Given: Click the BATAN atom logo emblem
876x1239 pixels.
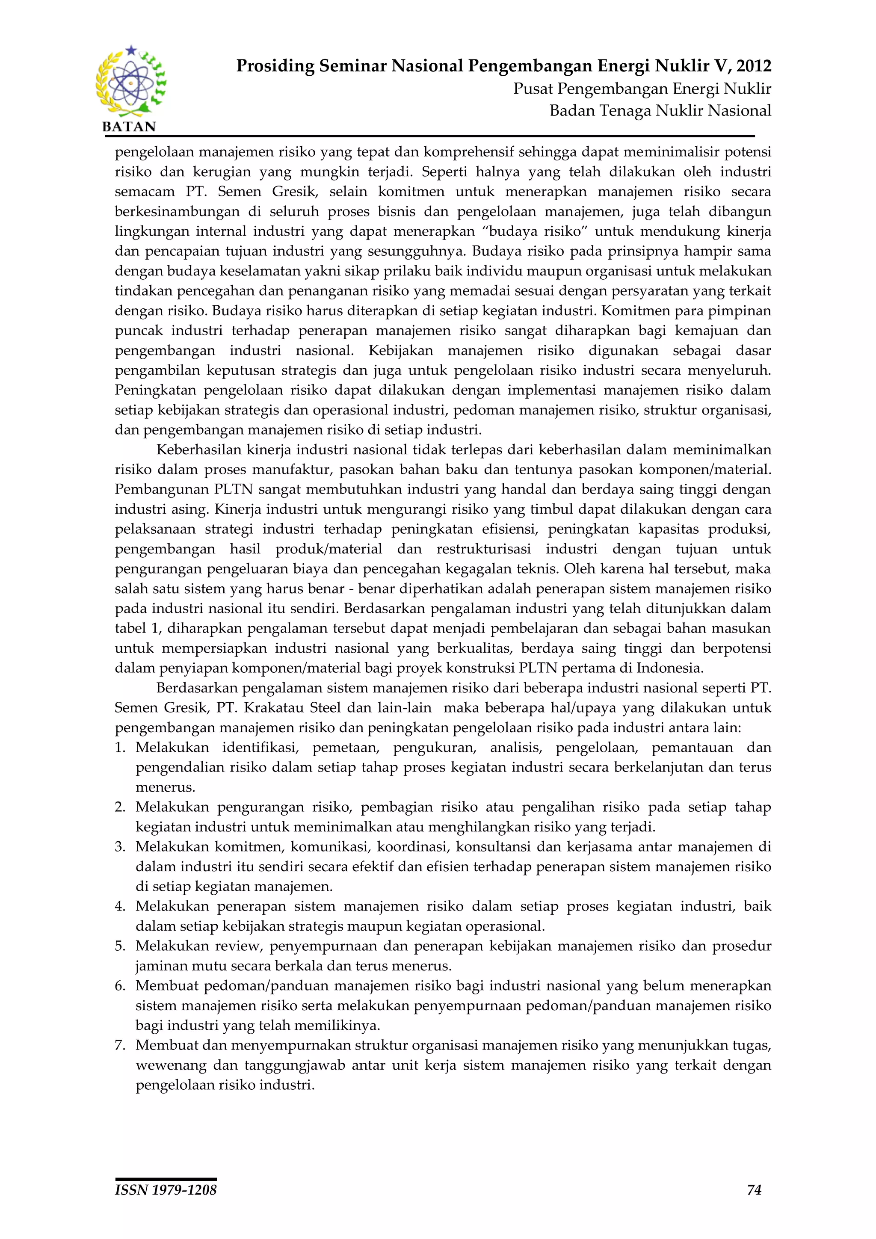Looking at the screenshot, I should pos(130,82).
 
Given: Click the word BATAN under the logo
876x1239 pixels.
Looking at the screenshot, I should pos(129,127).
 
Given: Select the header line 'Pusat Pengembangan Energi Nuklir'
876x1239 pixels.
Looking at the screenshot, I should pos(642,89).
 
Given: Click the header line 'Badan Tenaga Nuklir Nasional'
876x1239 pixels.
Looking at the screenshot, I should pos(660,111).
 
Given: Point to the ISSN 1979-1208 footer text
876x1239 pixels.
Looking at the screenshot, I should pos(166,1190).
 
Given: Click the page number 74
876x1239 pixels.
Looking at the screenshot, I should pos(754,1190).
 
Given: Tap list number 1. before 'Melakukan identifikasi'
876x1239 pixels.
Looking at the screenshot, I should pos(120,748).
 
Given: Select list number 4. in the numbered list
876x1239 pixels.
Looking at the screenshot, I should pos(120,906).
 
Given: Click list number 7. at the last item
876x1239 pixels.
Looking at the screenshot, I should pos(120,1045).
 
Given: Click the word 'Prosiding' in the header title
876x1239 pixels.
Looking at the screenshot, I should pos(275,66).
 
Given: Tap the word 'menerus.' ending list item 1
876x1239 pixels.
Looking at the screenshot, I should pos(165,787).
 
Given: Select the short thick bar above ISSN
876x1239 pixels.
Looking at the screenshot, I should pos(166,1179).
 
